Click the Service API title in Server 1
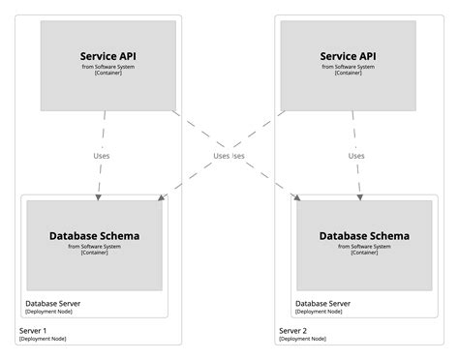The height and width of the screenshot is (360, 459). tap(107, 56)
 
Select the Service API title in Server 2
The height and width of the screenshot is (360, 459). tap(347, 56)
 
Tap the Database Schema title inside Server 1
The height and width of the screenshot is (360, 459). tap(94, 235)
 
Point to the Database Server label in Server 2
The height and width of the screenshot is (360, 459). tap(323, 303)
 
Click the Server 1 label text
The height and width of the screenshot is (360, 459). tap(33, 330)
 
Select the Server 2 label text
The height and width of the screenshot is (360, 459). tap(293, 330)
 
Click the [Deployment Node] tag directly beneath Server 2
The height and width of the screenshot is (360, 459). tap(302, 339)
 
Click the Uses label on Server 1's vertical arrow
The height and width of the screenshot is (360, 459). tap(101, 155)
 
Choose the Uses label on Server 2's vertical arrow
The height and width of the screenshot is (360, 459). tap(356, 155)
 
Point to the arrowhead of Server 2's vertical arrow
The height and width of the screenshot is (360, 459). tap(359, 196)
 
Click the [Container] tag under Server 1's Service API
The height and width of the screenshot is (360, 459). tap(107, 75)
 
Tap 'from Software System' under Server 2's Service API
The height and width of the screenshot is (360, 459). tap(347, 68)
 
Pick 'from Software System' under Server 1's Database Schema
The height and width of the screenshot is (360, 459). tap(94, 246)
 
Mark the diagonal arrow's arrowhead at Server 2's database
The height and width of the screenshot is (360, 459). tap(295, 197)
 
